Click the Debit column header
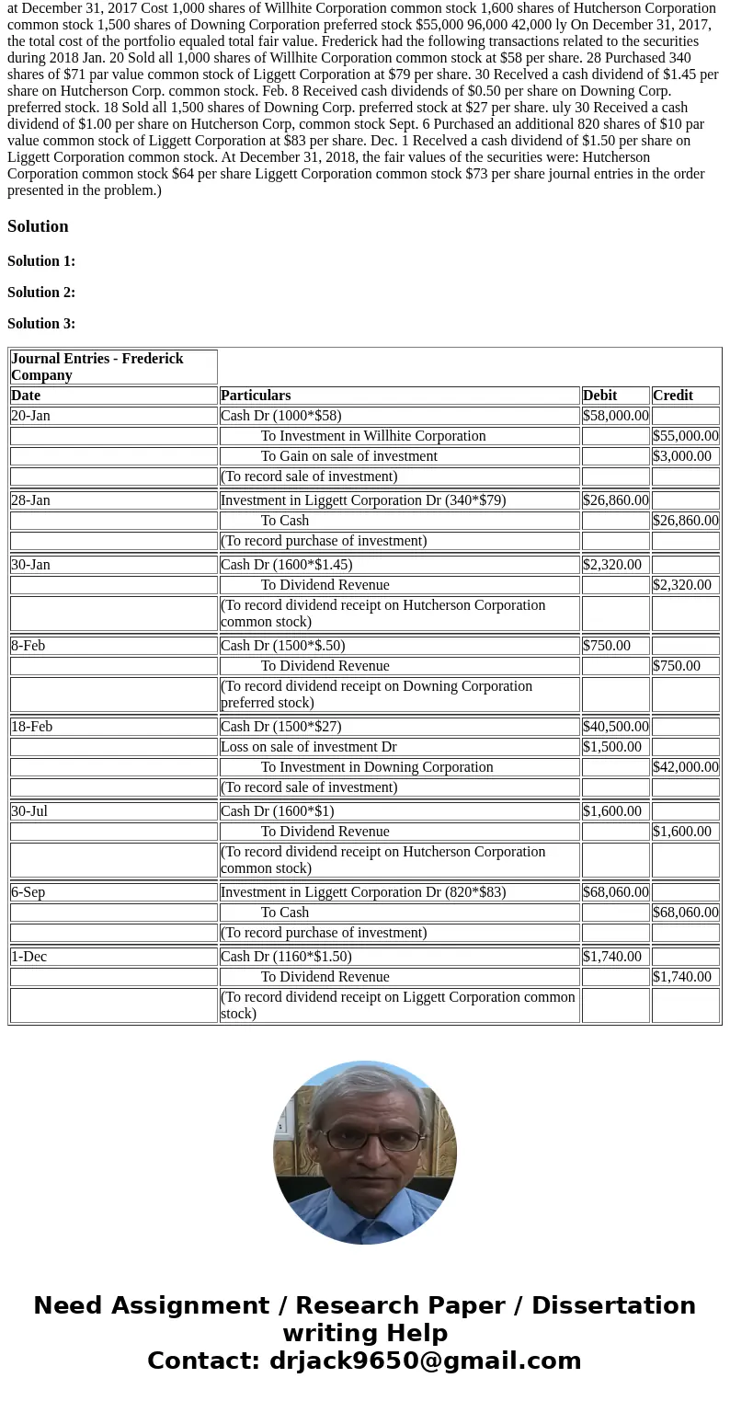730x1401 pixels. tap(600, 396)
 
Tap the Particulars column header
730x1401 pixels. tap(256, 396)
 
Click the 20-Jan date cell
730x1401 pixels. tap(31, 416)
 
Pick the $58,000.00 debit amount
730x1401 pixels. tap(615, 416)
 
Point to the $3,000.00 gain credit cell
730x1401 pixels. tap(682, 456)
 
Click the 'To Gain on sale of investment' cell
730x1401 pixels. tap(349, 456)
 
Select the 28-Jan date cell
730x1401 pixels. tap(31, 500)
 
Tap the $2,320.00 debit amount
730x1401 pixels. tap(612, 565)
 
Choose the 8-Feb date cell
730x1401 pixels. tap(29, 646)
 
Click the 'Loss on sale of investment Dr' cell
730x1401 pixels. tap(309, 747)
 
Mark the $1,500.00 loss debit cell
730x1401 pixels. tap(612, 747)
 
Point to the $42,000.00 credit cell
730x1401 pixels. tap(685, 767)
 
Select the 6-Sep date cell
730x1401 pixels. tap(29, 892)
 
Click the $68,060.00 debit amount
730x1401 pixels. tap(615, 892)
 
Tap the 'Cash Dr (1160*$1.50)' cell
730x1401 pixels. tap(286, 957)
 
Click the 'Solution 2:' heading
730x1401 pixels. tap(41, 293)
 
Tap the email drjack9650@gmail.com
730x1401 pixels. tap(425, 1361)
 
